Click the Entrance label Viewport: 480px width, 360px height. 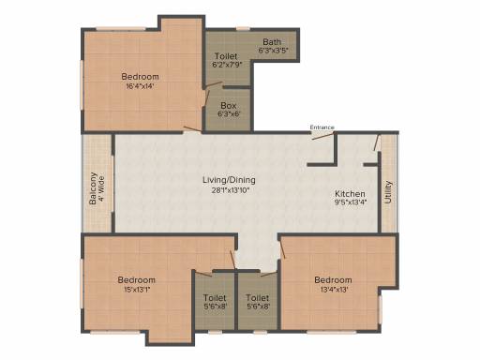(322, 127)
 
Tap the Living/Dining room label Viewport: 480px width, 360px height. (229, 180)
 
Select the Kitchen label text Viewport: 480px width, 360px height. (350, 193)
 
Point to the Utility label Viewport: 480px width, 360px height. (388, 192)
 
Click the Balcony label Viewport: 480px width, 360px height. (93, 188)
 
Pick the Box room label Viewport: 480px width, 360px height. (229, 105)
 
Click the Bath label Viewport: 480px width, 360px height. (272, 41)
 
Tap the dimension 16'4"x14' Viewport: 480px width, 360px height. (140, 86)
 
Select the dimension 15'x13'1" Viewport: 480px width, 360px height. (137, 290)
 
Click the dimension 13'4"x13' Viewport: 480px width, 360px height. (334, 290)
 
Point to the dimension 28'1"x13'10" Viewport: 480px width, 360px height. (231, 190)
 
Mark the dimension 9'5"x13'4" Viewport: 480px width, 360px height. (351, 202)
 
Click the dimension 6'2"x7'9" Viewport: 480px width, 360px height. (227, 65)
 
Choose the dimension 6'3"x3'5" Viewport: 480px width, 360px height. (273, 50)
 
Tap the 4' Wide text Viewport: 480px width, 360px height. (101, 189)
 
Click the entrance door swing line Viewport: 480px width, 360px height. (322, 136)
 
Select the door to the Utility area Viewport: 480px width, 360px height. (377, 142)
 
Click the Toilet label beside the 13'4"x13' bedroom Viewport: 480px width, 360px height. (257, 298)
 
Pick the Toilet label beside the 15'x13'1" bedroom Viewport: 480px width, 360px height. (215, 298)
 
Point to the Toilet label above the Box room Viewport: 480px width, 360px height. (226, 56)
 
